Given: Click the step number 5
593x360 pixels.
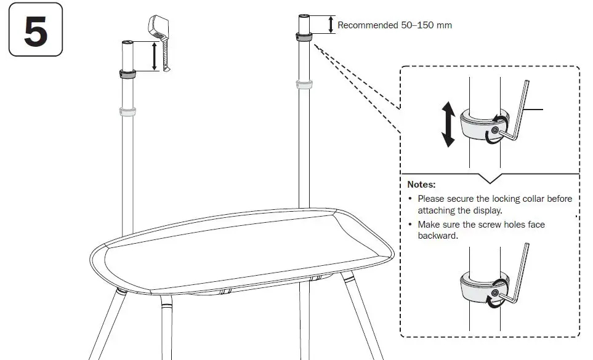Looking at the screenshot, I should coord(36,30).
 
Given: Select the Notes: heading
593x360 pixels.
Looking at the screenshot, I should coord(421,184).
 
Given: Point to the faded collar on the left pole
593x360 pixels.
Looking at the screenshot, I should coord(128,111).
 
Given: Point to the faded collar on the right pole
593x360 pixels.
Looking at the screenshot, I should coord(302,84).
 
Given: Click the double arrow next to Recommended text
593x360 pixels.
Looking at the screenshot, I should coord(331,24).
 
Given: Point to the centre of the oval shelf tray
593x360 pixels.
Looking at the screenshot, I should coord(240,252).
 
